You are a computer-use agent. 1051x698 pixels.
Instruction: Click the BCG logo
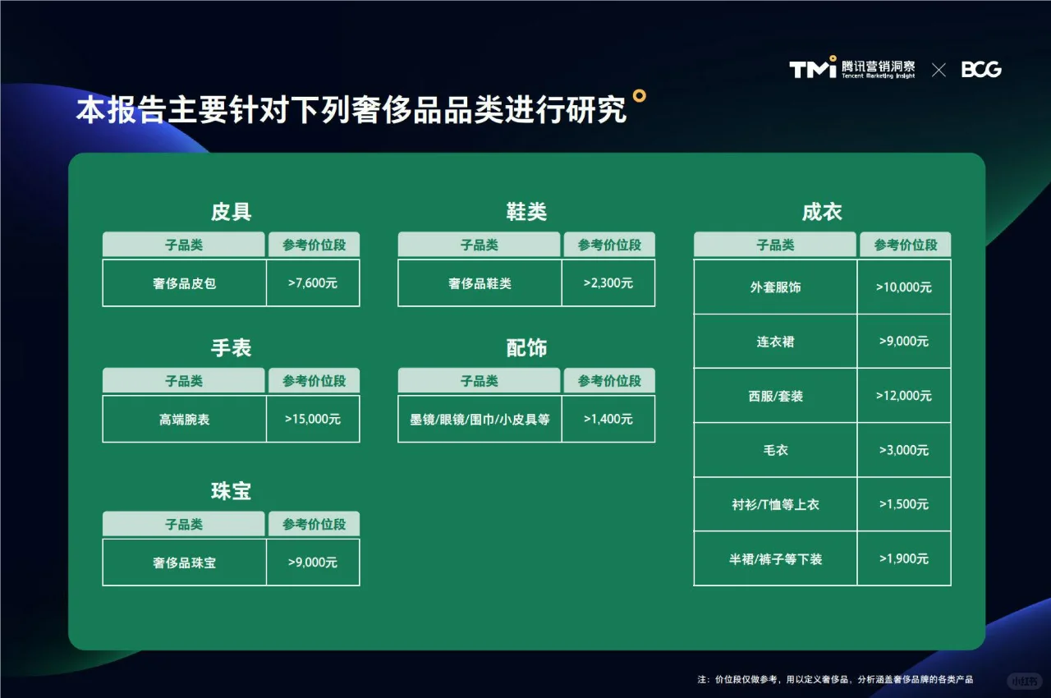[981, 70]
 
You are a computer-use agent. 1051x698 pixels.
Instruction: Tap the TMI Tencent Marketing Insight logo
[852, 69]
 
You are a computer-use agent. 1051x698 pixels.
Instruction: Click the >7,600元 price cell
[313, 283]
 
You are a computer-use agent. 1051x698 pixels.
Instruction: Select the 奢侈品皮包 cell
[184, 283]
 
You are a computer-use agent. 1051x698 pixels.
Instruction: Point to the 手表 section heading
[231, 348]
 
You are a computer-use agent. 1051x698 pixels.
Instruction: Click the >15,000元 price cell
[313, 419]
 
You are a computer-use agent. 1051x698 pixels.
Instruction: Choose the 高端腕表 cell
[184, 419]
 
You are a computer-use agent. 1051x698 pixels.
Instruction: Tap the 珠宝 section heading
[231, 491]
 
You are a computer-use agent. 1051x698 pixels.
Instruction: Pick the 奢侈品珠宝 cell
[184, 563]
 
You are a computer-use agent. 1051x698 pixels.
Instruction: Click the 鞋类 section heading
[526, 212]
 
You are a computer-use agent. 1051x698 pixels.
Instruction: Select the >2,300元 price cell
[608, 283]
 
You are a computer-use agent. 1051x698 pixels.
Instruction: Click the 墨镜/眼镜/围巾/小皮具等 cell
[480, 419]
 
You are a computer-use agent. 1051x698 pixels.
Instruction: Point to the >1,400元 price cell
[608, 419]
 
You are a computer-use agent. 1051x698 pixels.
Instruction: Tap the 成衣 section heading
[822, 212]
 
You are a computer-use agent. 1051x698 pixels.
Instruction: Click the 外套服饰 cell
[775, 287]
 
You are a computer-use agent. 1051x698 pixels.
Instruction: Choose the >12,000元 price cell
[904, 396]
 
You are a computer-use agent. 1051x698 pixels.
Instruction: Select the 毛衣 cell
[775, 450]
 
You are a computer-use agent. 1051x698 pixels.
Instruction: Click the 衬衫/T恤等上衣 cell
[775, 504]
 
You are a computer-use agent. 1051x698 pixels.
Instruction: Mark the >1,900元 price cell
[904, 558]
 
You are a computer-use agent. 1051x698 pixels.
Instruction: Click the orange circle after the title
[640, 95]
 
